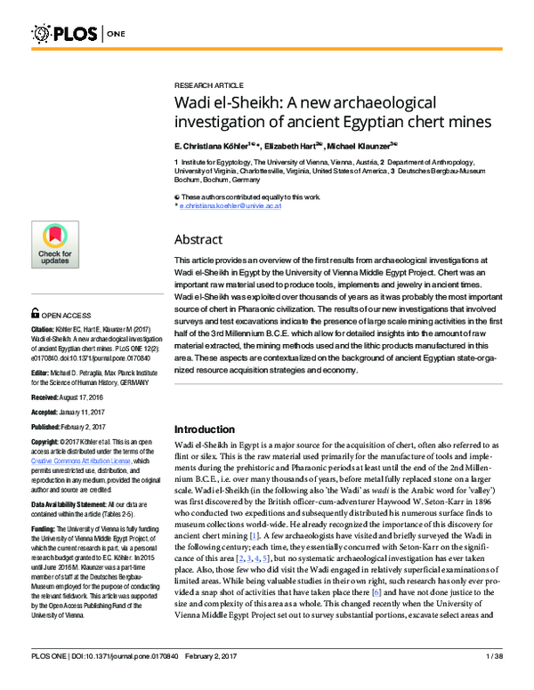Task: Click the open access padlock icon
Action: (x=36, y=315)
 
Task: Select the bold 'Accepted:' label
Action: (x=49, y=413)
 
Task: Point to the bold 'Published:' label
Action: (x=50, y=428)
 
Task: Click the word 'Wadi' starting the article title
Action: (x=197, y=101)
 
